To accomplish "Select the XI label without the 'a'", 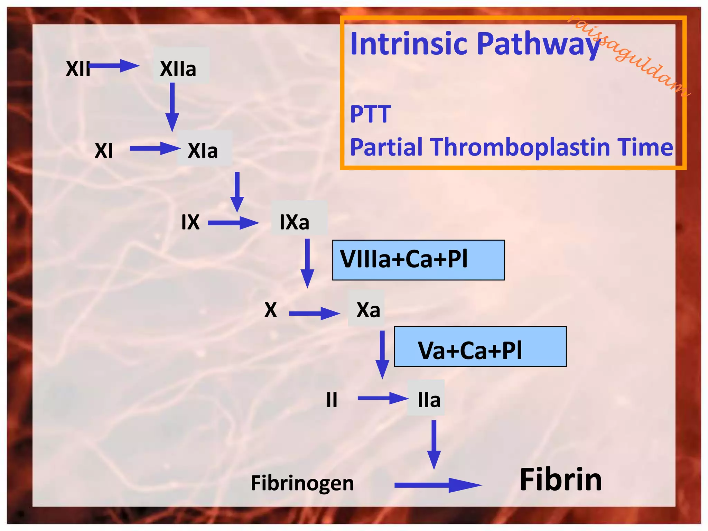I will pos(104,151).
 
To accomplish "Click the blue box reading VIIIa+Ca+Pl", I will pos(418,260).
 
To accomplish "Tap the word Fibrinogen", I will pos(302,483).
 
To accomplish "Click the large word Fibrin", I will pos(561,479).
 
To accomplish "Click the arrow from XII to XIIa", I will pos(114,65).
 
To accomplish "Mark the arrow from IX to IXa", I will pos(233,223).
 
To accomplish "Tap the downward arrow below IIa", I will pos(434,444).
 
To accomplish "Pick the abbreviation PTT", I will pos(371,114).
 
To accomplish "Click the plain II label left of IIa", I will pos(332,400).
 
